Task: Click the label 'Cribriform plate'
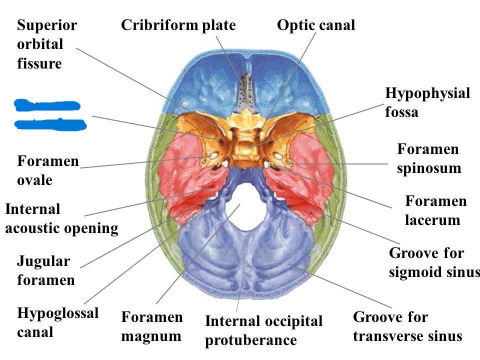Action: tap(178, 25)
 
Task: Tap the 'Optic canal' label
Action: tap(316, 25)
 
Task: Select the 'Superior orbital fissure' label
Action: tap(47, 44)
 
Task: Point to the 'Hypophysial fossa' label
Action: tap(427, 102)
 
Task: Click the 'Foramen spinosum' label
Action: tap(428, 158)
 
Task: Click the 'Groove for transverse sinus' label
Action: tap(407, 326)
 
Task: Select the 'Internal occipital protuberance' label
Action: tap(263, 330)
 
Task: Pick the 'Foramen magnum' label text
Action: tap(151, 326)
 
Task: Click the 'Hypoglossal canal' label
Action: tap(57, 322)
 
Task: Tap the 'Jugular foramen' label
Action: tap(45, 270)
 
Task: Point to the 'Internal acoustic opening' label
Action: tap(61, 218)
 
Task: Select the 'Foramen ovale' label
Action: tap(47, 170)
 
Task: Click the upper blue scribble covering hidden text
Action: tap(47, 105)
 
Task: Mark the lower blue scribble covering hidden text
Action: tap(50, 124)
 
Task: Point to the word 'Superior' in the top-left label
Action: tap(47, 25)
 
